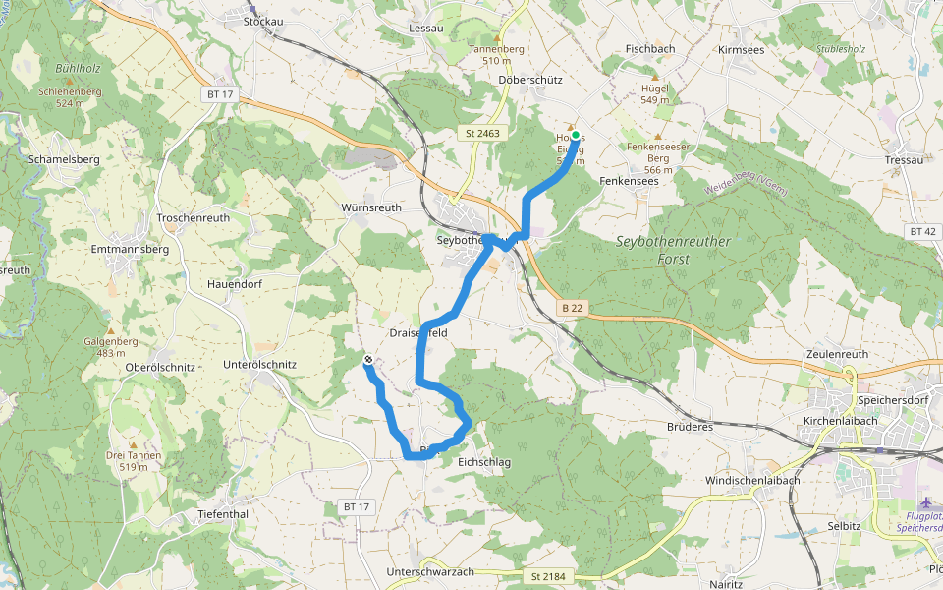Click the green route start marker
(x=576, y=137)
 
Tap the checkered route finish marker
(x=368, y=360)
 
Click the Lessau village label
(x=426, y=28)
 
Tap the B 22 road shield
(x=573, y=308)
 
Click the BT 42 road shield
(x=922, y=231)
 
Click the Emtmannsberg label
(x=130, y=249)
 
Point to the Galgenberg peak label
(x=110, y=341)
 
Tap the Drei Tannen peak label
(x=134, y=455)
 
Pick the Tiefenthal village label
(x=223, y=514)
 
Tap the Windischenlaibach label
(x=752, y=480)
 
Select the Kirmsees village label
(x=741, y=49)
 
